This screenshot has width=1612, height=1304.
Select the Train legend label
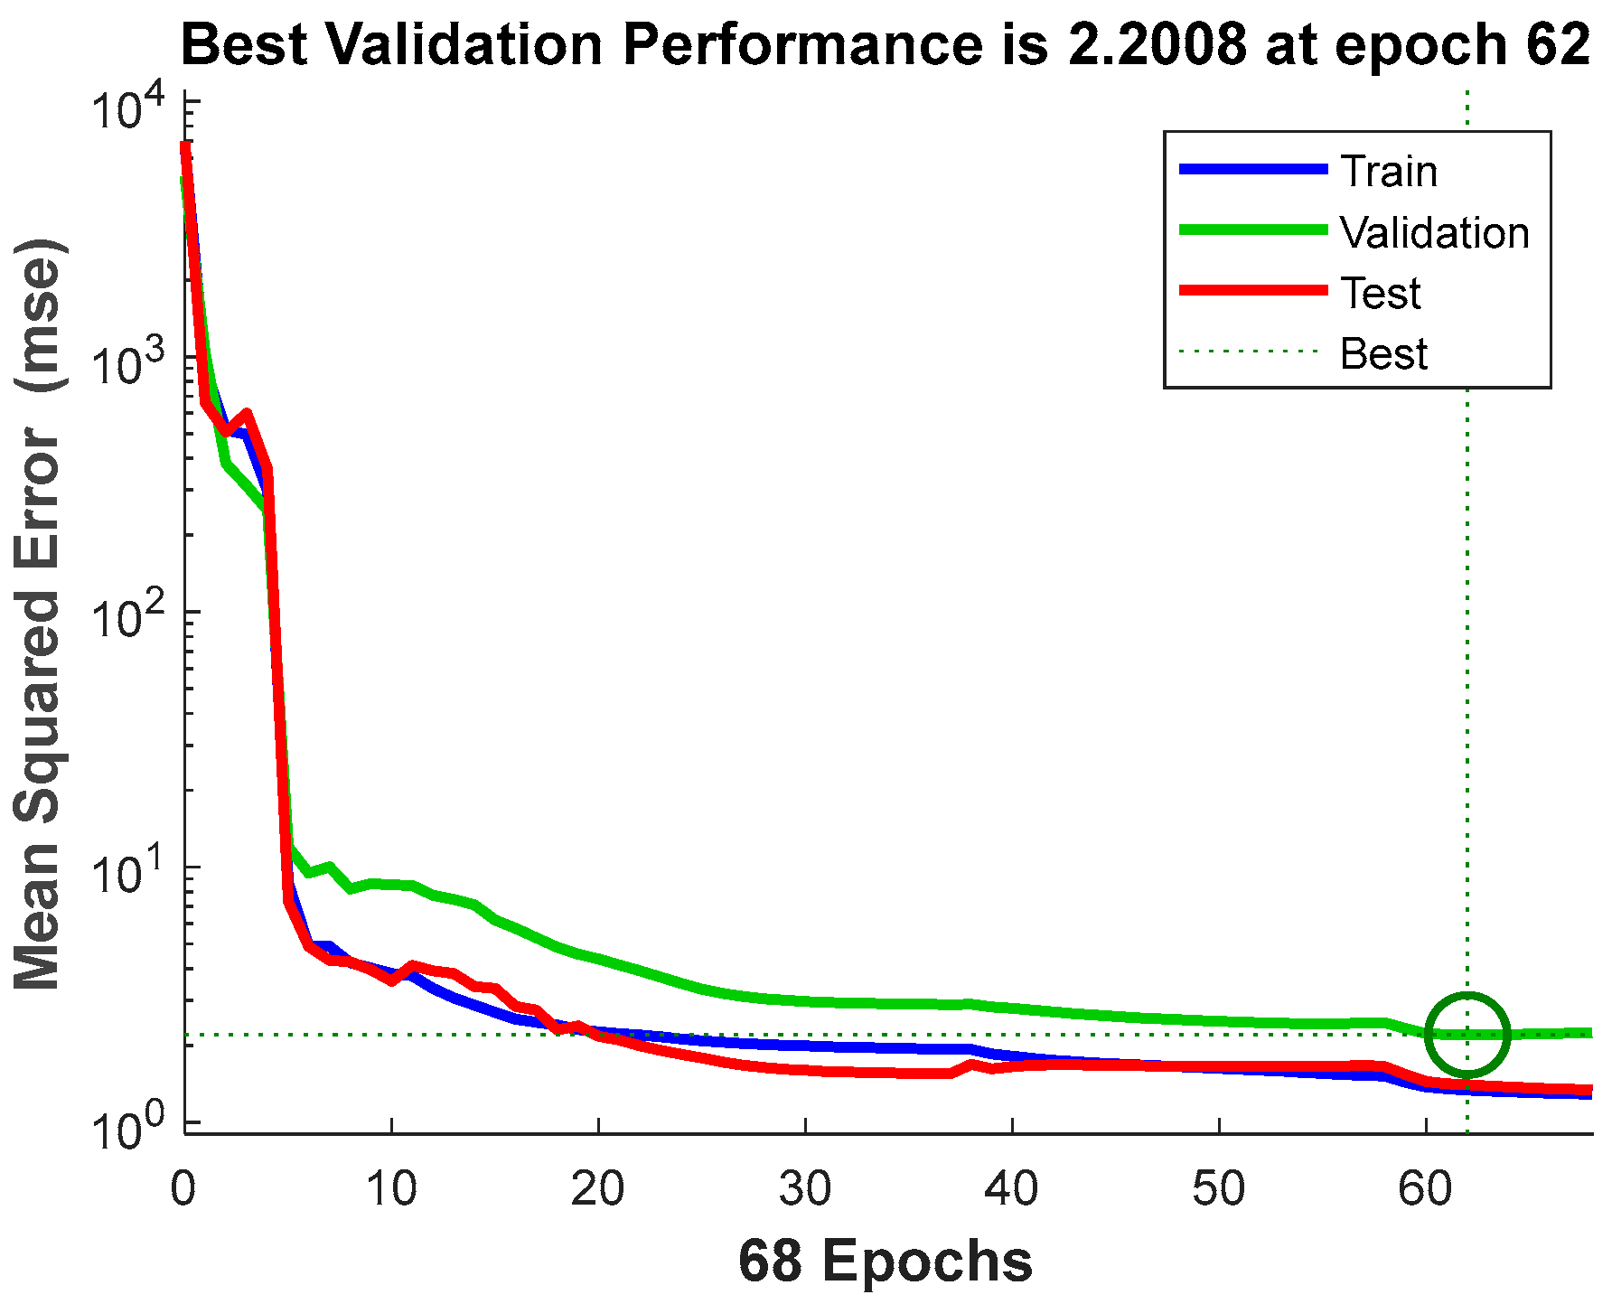[1388, 171]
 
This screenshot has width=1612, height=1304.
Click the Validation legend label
[1434, 232]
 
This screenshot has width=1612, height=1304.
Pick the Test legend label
[1380, 293]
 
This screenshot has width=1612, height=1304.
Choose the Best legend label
[1383, 353]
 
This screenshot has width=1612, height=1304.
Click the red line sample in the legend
[1254, 290]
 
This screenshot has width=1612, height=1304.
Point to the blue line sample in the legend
[1254, 169]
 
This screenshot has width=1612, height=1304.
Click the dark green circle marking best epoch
[1467, 1035]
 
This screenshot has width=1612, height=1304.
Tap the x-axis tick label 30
[805, 1188]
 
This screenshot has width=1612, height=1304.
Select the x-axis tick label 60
[1425, 1188]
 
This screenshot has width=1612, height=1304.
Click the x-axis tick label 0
[183, 1188]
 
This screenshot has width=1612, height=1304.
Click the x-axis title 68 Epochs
[885, 1260]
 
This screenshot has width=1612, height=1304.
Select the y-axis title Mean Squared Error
[38, 614]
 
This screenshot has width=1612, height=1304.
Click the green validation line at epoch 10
[391, 884]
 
